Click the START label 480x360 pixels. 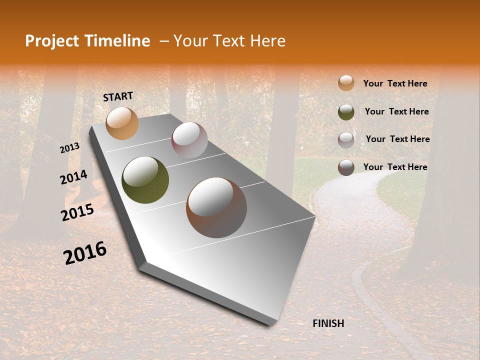tap(118, 96)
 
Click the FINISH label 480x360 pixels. tap(328, 323)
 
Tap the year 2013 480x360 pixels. tap(69, 148)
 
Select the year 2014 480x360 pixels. tap(73, 177)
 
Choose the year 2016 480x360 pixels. tap(85, 252)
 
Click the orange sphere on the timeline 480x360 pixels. tap(122, 123)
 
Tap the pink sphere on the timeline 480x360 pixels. tap(189, 140)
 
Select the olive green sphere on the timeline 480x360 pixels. tap(145, 180)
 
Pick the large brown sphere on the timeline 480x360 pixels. tap(216, 207)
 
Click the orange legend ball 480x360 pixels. tap(346, 83)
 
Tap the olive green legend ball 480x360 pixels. tap(346, 111)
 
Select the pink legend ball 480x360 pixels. tap(346, 139)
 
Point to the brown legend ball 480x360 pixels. tap(346, 167)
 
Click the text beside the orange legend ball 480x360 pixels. tap(395, 84)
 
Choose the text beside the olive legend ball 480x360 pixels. tap(396, 111)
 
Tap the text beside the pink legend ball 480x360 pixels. tap(397, 139)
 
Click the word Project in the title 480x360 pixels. tap(52, 41)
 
